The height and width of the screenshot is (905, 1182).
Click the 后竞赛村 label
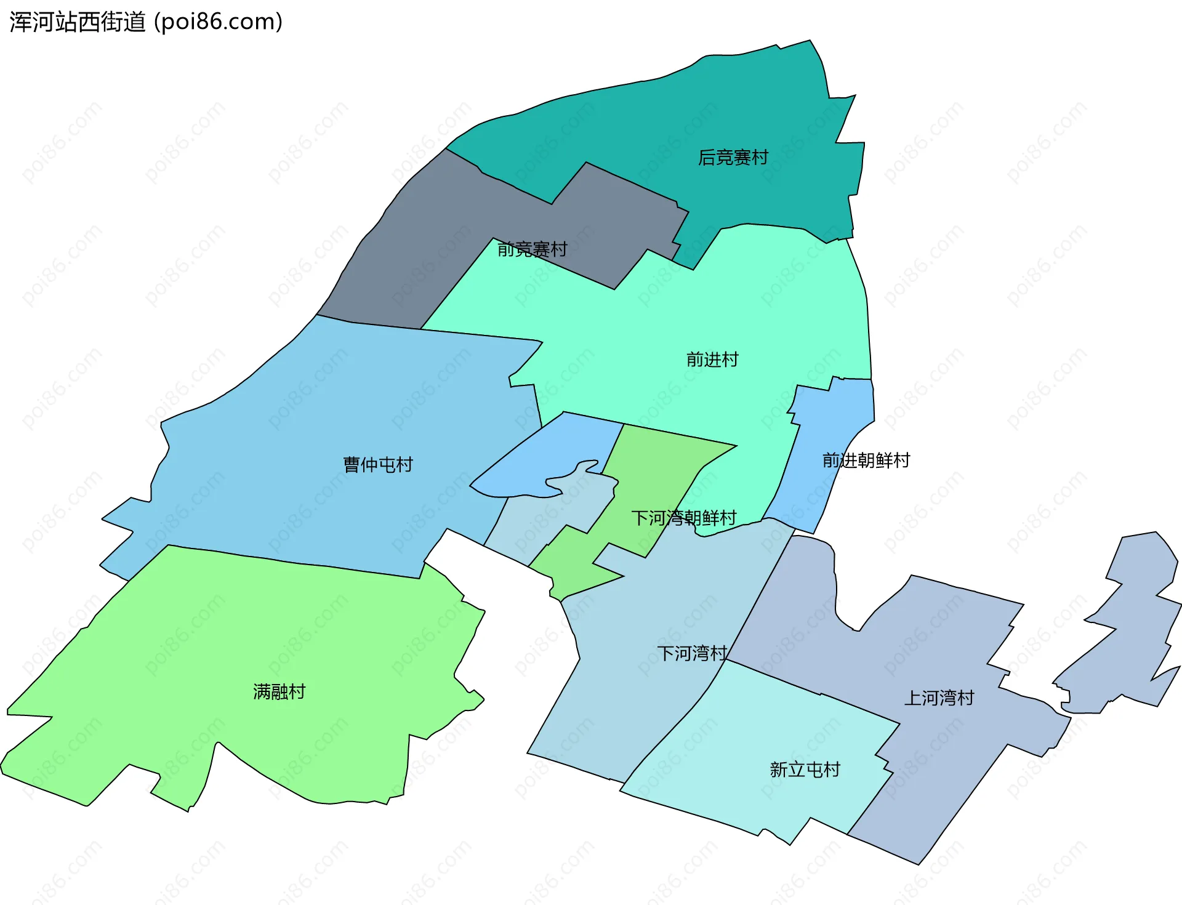733,158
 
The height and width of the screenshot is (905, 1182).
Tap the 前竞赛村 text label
532,249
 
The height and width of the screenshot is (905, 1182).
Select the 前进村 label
712,360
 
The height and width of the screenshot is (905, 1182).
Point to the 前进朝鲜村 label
866,460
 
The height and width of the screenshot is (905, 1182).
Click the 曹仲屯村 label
377,464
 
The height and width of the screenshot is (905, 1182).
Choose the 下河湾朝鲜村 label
683,518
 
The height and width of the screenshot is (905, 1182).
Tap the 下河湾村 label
692,653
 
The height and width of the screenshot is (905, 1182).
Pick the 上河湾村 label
939,698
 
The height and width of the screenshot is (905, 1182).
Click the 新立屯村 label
805,770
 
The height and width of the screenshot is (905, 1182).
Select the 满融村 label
279,691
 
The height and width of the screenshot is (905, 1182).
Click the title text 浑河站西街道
78,22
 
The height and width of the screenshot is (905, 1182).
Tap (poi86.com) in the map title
219,22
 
